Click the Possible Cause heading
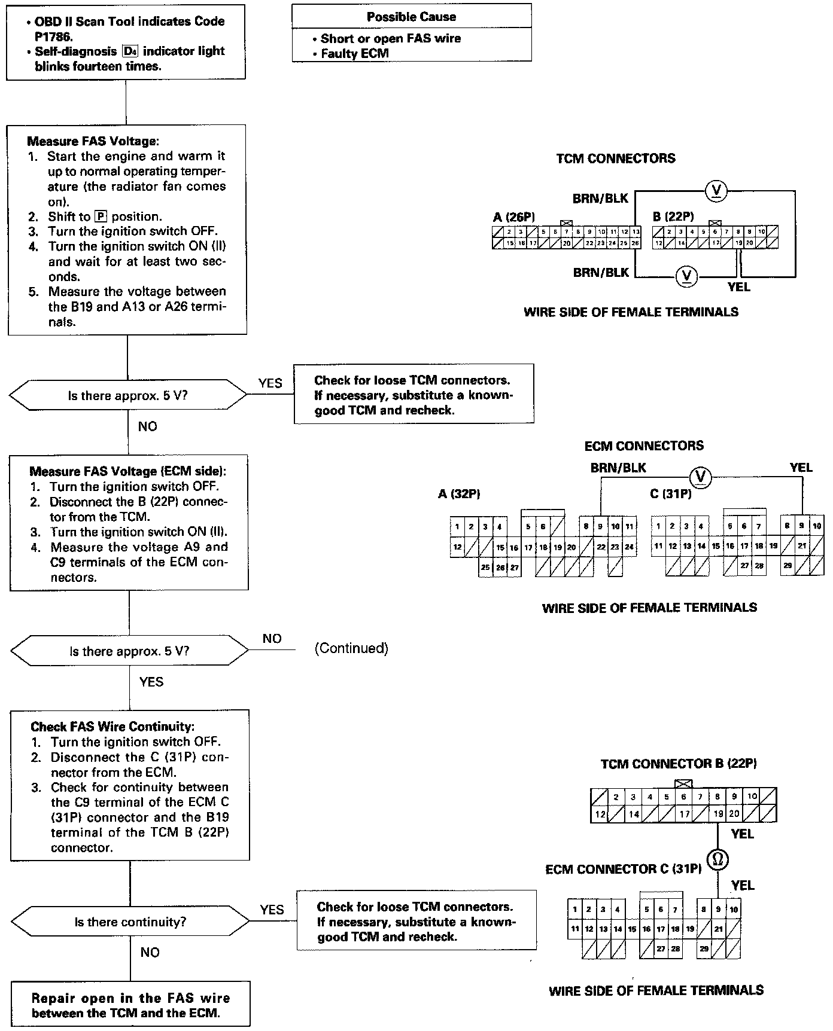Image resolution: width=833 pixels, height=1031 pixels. tap(411, 17)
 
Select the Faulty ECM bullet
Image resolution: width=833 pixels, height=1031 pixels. tap(354, 53)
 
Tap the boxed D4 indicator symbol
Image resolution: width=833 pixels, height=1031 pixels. tap(130, 51)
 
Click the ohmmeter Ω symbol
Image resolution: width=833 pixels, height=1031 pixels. tap(718, 860)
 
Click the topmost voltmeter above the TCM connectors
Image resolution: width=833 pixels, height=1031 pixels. tap(716, 191)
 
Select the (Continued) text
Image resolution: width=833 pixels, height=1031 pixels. tap(351, 648)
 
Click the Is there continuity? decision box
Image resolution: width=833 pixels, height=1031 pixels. tap(130, 922)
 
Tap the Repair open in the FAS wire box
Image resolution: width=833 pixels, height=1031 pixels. tap(130, 1005)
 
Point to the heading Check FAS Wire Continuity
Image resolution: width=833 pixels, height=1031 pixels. tap(113, 727)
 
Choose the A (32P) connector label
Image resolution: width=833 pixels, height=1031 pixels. tap(460, 494)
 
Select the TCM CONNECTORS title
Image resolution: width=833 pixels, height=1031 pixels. tap(616, 158)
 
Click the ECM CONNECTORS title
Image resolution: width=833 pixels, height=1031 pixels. tap(644, 446)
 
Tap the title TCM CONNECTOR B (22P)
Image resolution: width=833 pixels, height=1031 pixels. tap(679, 764)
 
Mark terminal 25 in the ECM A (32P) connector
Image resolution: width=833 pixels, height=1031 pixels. tap(486, 568)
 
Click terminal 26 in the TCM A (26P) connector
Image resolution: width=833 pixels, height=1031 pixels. tap(635, 243)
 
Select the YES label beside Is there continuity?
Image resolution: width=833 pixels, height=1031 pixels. tap(272, 910)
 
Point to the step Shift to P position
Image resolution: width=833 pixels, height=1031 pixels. tap(105, 216)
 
